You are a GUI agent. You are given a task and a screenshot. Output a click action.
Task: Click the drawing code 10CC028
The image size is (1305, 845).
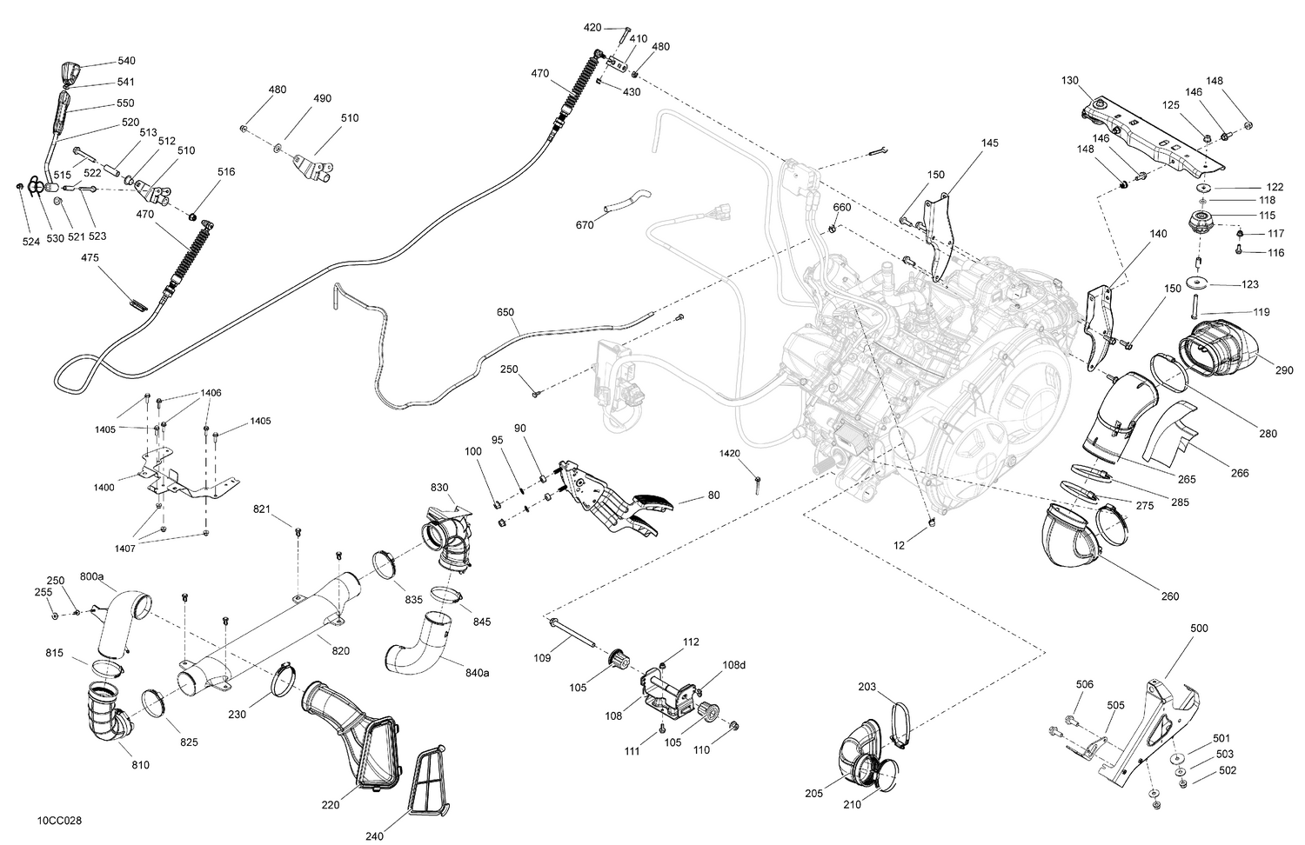click(x=60, y=820)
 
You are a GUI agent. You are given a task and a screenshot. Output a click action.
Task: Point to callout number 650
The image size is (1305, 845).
click(x=505, y=311)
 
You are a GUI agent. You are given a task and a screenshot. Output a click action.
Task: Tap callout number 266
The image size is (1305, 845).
click(x=1240, y=473)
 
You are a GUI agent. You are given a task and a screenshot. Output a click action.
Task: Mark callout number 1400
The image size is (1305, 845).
click(x=104, y=488)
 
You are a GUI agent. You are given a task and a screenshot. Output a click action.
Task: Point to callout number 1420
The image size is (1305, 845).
click(x=729, y=453)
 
